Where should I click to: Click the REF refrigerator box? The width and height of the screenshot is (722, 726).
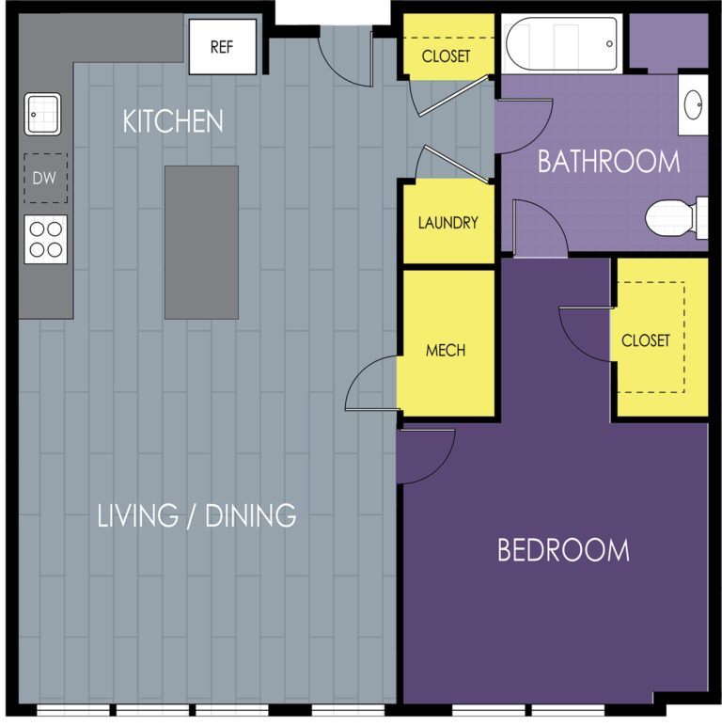pos(223,47)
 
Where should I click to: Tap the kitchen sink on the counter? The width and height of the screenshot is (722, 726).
pos(42,114)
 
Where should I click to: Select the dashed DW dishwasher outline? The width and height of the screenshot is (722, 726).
pos(46,179)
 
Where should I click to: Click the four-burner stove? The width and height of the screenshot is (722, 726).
pos(46,240)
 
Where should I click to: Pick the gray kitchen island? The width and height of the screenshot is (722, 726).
pos(202,242)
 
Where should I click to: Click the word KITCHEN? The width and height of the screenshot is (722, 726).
pos(173,121)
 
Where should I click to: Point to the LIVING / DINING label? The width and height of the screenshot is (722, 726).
pos(196,515)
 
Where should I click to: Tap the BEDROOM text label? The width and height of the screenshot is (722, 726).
pos(563,550)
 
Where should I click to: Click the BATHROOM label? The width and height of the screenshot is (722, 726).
pos(608,162)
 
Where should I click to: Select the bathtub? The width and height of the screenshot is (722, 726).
pos(562,44)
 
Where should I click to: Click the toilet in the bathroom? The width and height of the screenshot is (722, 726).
pos(677,217)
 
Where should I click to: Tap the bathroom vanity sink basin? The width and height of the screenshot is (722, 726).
pos(693,104)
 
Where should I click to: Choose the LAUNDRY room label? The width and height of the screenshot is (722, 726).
pos(448,223)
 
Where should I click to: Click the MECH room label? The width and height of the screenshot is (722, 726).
pos(446,351)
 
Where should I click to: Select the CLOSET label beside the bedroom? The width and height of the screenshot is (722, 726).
pos(646,340)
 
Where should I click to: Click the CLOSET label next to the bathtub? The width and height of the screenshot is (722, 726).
pos(446,56)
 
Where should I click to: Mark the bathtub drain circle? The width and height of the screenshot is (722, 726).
pos(609,44)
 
